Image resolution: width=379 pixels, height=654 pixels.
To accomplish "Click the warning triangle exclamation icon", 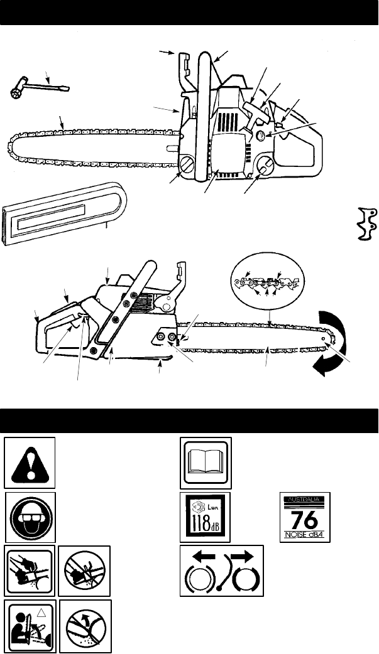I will tap(30, 463).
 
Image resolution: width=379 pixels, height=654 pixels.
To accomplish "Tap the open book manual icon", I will tap(206, 463).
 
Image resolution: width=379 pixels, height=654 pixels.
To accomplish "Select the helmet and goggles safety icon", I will tap(30, 517).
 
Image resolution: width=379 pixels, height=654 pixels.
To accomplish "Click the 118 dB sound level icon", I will tap(206, 517).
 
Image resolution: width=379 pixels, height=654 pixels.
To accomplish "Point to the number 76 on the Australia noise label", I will tap(305, 520).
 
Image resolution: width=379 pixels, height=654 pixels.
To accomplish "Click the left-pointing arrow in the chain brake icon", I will tap(200, 556).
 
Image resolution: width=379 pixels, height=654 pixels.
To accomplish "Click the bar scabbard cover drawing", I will tap(63, 213).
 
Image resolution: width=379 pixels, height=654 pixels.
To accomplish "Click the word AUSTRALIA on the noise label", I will tap(305, 500).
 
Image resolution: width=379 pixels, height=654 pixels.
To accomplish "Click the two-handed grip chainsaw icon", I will tap(30, 571).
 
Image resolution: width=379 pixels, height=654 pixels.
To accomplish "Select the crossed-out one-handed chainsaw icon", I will tap(84, 571).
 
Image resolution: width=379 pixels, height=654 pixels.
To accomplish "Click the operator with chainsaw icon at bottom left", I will tap(30, 626).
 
